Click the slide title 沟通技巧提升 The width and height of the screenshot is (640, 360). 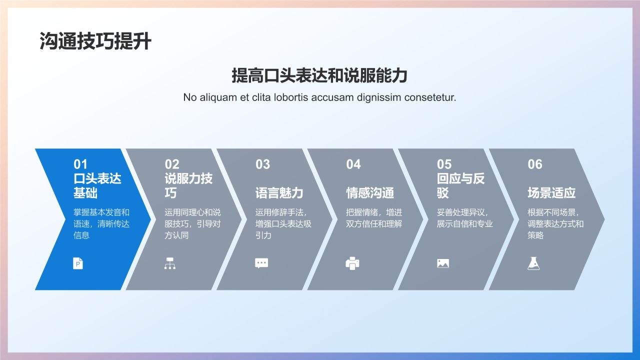click(x=95, y=41)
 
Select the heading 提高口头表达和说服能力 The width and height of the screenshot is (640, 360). click(x=319, y=75)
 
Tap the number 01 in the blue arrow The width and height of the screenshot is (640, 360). click(x=80, y=164)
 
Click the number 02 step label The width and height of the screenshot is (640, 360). click(x=172, y=164)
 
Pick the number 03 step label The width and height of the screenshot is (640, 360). click(x=262, y=164)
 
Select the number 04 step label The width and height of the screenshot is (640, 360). click(x=353, y=164)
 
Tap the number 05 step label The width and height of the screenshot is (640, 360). click(x=444, y=164)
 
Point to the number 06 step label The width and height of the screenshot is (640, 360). click(x=535, y=164)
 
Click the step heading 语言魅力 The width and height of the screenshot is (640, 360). click(x=279, y=193)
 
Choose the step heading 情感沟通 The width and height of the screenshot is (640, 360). click(x=370, y=193)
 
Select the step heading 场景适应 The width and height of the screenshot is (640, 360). click(x=551, y=193)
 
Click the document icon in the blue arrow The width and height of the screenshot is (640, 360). click(x=78, y=263)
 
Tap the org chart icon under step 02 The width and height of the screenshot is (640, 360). click(x=170, y=263)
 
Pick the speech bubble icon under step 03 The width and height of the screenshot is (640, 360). click(x=261, y=263)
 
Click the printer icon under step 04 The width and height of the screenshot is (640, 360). click(x=352, y=263)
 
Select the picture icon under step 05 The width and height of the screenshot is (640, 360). click(x=443, y=263)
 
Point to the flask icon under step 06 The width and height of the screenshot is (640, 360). click(x=533, y=263)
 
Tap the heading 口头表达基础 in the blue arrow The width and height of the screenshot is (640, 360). click(x=97, y=185)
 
